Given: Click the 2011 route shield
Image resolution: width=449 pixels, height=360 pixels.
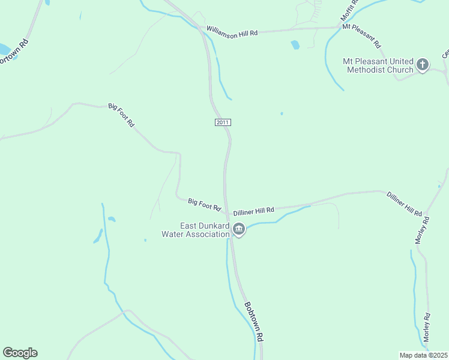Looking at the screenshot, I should (222, 122).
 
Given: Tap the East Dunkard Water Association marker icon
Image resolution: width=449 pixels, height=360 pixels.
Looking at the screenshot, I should (239, 229).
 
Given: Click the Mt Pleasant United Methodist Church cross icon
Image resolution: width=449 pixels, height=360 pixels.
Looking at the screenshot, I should (423, 65).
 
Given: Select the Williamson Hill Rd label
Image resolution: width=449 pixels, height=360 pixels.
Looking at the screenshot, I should (232, 31).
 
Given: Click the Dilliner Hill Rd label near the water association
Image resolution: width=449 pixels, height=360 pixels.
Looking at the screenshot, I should (253, 211).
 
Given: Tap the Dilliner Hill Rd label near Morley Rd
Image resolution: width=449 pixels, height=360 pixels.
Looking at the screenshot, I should (405, 203).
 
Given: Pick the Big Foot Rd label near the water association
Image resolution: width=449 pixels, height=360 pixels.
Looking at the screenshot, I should (205, 205).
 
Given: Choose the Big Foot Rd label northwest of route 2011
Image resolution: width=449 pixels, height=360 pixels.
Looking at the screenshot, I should (121, 114).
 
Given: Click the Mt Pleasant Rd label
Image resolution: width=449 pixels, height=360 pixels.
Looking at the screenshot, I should (361, 35).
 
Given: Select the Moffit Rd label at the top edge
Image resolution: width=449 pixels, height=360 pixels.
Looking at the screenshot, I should (349, 10).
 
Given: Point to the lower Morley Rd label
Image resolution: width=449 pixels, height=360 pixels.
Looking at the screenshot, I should (427, 328).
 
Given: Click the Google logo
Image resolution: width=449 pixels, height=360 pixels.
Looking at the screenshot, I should (20, 353).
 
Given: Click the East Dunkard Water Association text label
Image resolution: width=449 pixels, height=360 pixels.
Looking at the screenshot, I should (196, 230).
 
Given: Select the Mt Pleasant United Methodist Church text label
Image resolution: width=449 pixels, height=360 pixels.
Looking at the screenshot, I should (378, 65).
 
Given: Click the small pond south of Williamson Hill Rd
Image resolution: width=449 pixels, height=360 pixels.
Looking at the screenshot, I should (295, 44).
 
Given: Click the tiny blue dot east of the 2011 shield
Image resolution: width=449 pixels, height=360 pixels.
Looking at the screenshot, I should (281, 113).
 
